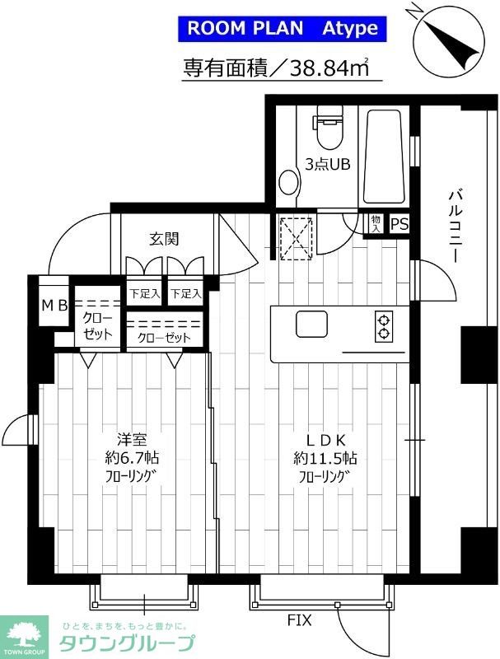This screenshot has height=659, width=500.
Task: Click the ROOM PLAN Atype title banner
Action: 282,29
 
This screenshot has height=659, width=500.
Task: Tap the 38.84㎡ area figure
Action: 329,68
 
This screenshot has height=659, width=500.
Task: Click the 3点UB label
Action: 327,164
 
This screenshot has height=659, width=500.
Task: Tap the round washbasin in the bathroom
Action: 288,182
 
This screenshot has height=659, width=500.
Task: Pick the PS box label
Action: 400,224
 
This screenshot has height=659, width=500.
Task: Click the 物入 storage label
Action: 376,224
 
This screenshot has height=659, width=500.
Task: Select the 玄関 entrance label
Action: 164,239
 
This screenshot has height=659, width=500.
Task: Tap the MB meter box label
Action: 54,306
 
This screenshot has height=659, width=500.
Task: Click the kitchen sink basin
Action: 311,324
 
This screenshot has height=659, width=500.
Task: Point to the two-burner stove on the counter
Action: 383,326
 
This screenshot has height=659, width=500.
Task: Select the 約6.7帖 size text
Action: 132,458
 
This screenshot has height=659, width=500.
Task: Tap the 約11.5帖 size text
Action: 325,458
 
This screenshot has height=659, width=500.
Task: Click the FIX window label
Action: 300,620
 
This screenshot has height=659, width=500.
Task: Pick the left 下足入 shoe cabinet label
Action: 144,293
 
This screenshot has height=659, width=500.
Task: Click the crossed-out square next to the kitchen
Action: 297,239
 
